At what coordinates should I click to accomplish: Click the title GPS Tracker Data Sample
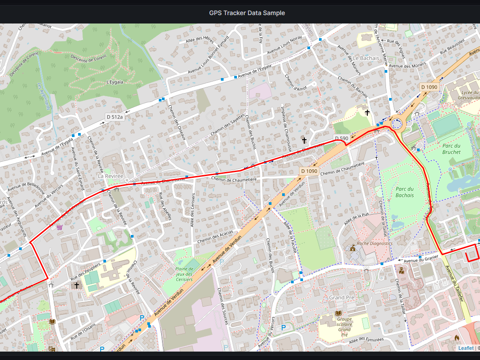point(247,13)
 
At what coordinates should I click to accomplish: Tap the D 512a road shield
point(114,117)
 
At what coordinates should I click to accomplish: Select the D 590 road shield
point(342,139)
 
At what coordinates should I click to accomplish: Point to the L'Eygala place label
point(115,82)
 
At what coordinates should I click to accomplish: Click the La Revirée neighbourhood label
point(110,176)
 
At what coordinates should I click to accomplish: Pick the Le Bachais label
point(366,58)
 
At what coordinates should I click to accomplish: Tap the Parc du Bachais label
point(404,192)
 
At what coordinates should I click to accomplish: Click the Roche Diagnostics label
point(375,243)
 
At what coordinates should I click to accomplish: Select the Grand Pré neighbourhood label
point(342,297)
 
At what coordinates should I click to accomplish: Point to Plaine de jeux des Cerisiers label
point(184,274)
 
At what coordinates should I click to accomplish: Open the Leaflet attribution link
point(466,348)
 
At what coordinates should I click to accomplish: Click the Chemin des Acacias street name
point(215,237)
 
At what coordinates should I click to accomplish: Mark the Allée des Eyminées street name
point(366,340)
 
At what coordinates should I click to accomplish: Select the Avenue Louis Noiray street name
point(284,46)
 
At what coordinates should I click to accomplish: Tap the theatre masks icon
point(52,349)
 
